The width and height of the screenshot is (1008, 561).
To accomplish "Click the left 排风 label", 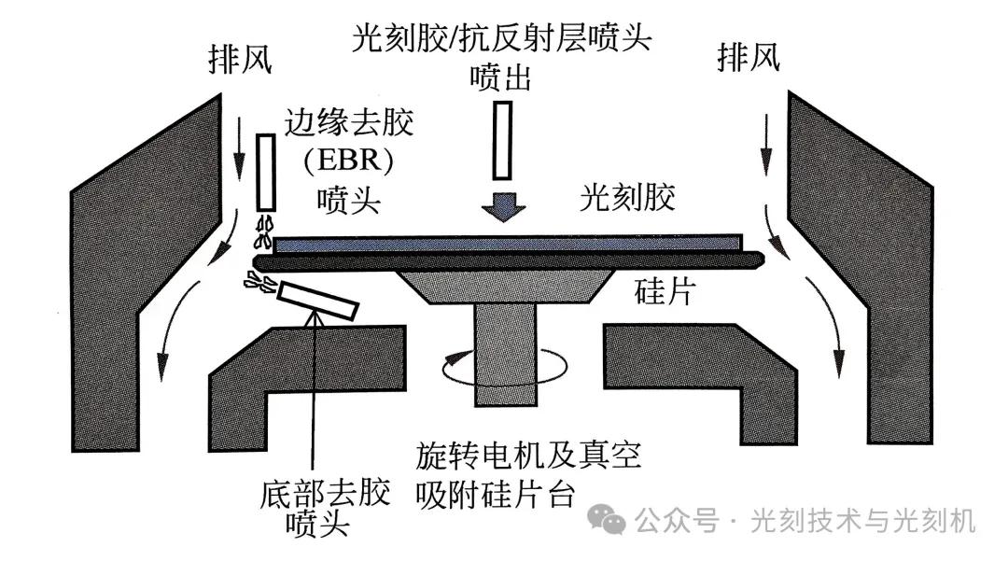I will point(240,62).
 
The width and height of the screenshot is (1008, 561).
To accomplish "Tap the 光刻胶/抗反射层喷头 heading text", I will point(500,39).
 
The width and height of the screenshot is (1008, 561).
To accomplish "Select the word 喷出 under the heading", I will point(500,77).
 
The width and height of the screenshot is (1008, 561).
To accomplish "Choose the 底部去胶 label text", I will point(324,493).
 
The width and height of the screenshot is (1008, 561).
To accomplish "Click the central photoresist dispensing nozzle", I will point(501,140).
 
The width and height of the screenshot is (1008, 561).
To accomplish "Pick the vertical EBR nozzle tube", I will point(265,173).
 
